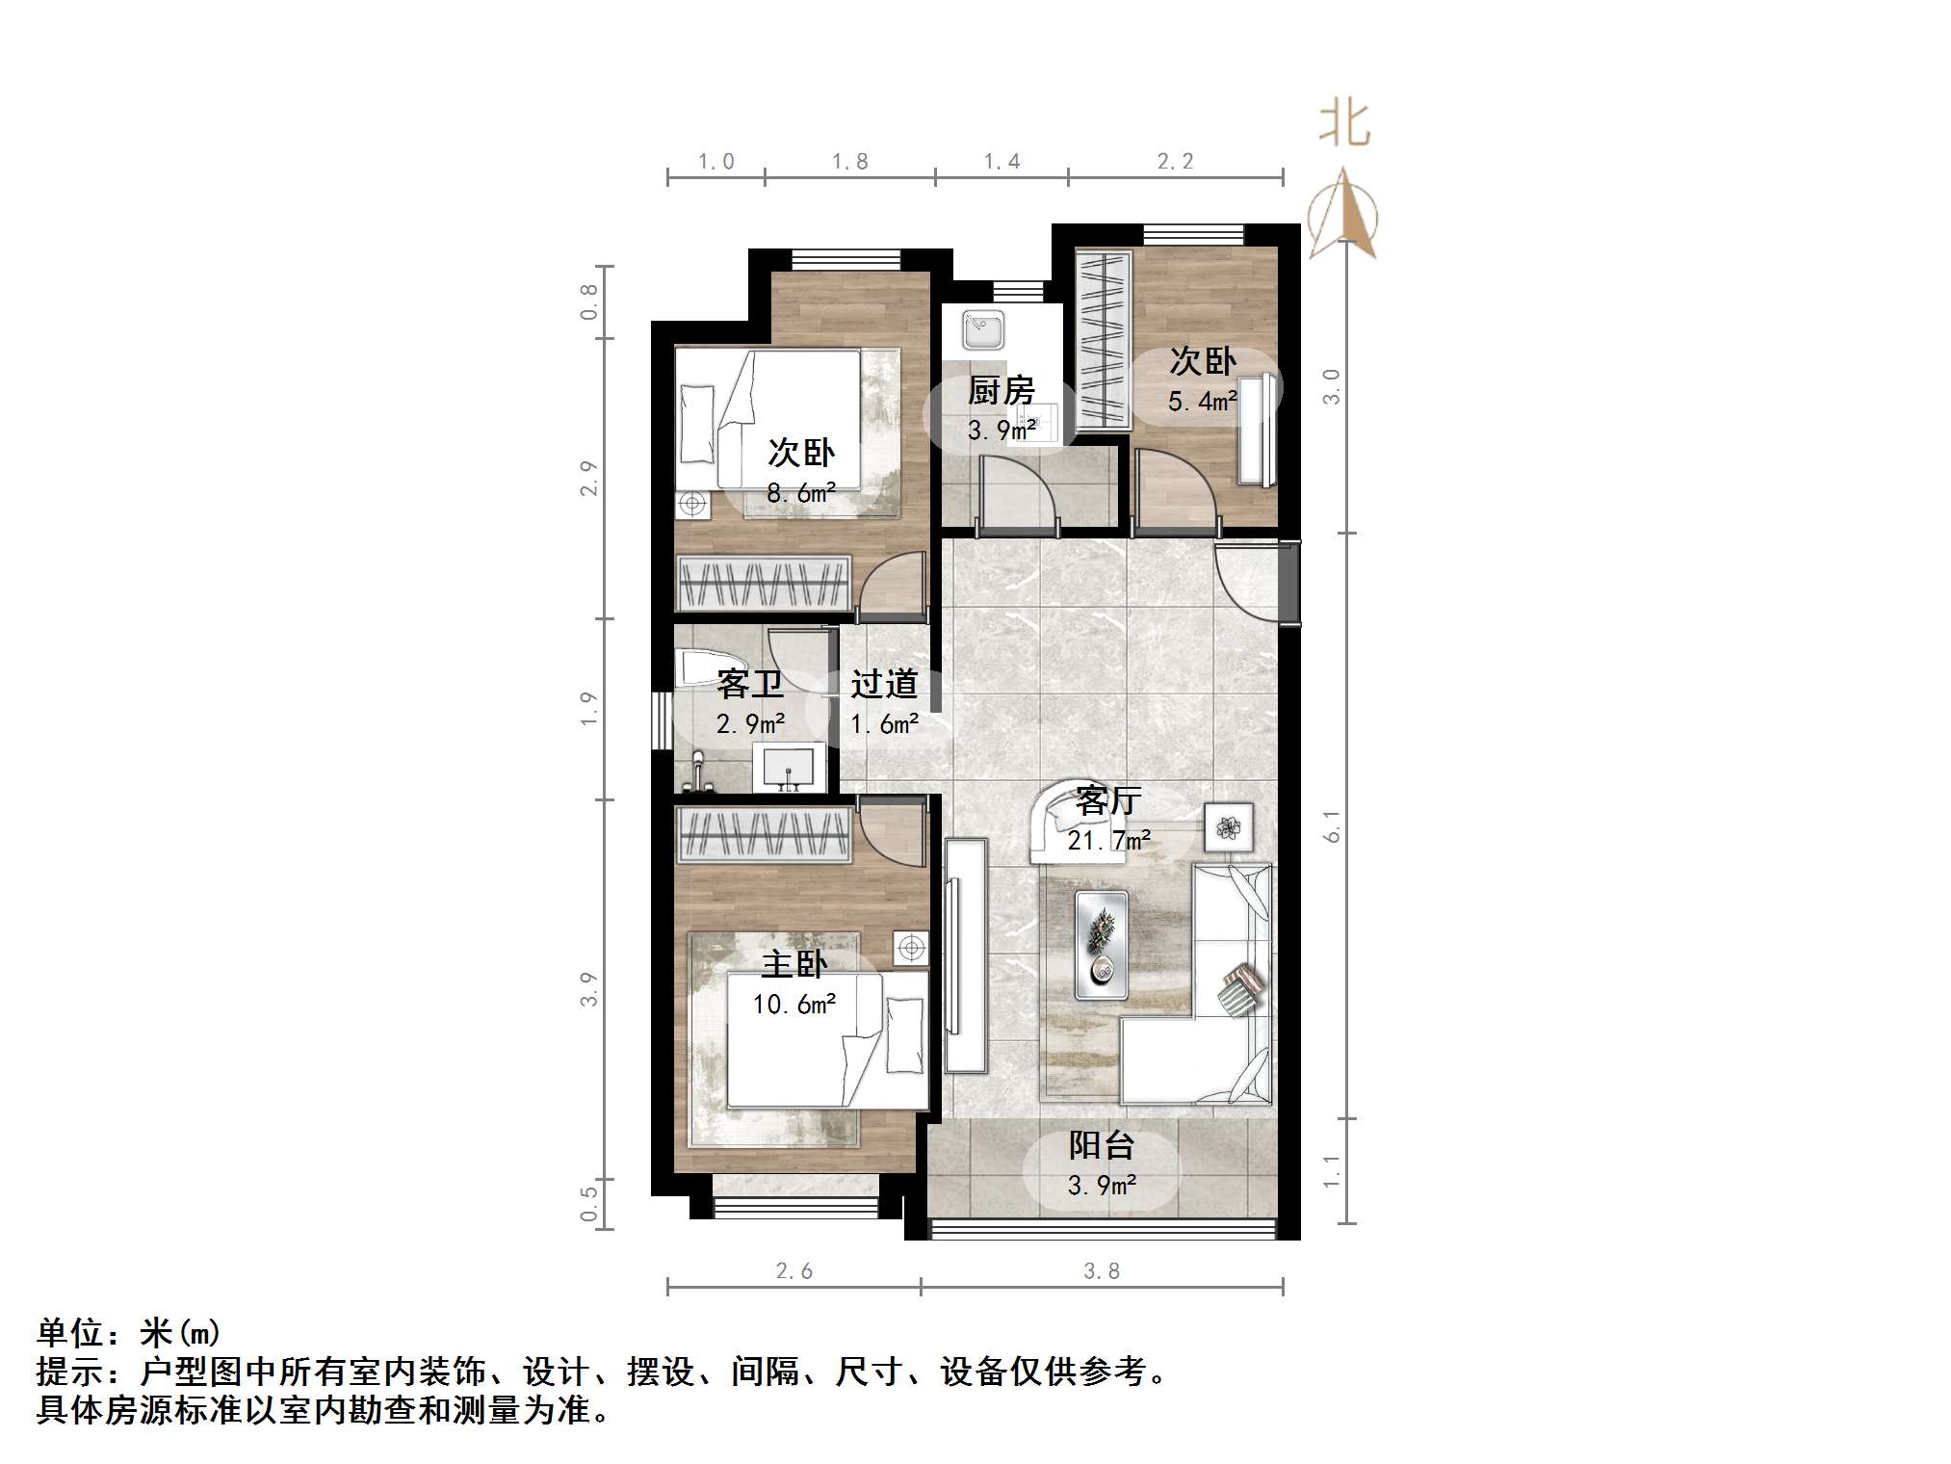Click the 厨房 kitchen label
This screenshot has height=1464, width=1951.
[1001, 391]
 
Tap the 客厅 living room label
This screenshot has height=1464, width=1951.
[1108, 800]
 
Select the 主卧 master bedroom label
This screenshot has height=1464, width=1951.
[794, 964]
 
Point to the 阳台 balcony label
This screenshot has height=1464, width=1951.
[1102, 1145]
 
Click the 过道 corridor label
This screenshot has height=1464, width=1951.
[884, 684]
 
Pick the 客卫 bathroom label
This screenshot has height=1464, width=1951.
[750, 684]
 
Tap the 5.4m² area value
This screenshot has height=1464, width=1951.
[1202, 401]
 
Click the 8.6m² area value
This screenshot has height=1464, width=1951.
[800, 493]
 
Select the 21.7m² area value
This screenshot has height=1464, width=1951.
[1108, 841]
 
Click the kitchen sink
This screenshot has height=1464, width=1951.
[983, 329]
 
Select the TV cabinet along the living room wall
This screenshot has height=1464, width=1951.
[965, 954]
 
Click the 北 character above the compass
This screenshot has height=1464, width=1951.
[1344, 125]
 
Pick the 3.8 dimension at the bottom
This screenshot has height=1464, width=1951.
[1102, 1271]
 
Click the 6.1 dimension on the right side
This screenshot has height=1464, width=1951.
[1332, 826]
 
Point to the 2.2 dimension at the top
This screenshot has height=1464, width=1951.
[1175, 162]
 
